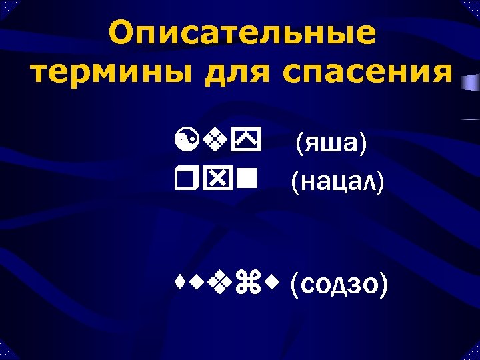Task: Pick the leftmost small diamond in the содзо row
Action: (176, 286)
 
